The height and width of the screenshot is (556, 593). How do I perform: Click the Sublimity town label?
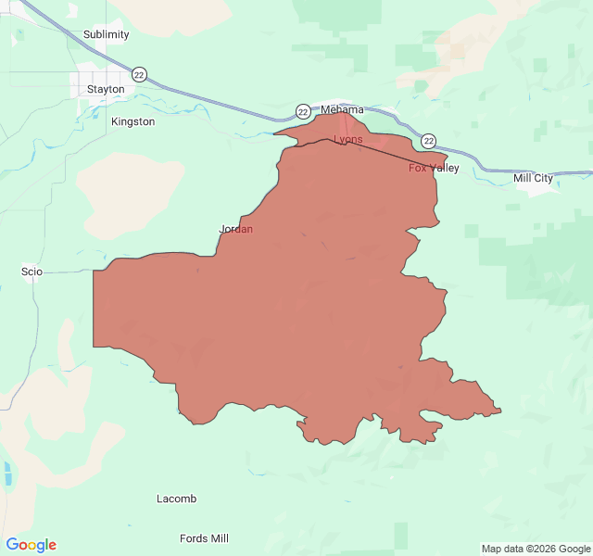click(107, 34)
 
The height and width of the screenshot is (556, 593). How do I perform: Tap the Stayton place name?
click(106, 89)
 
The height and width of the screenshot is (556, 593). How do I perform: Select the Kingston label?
click(132, 121)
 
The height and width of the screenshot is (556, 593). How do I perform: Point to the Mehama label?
click(342, 109)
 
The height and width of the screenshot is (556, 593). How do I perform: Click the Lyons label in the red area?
click(348, 139)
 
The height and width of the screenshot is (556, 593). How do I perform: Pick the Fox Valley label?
click(434, 168)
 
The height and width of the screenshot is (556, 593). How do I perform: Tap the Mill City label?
click(533, 178)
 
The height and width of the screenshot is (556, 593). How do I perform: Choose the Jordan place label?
click(235, 229)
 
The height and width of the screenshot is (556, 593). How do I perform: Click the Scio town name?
click(32, 272)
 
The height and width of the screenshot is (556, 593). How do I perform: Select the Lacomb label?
click(176, 499)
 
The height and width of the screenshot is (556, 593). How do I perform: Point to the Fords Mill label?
click(204, 538)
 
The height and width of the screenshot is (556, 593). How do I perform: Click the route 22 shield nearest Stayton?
click(139, 74)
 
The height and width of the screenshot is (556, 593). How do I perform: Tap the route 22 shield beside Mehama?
click(303, 111)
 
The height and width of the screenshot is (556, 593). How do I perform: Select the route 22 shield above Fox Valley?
click(428, 141)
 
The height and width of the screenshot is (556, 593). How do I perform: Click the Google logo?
click(32, 545)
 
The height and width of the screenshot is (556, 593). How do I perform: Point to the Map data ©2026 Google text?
click(535, 549)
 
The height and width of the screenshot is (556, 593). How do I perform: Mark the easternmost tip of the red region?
click(500, 411)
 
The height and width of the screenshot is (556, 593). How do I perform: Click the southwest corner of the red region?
click(94, 347)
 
